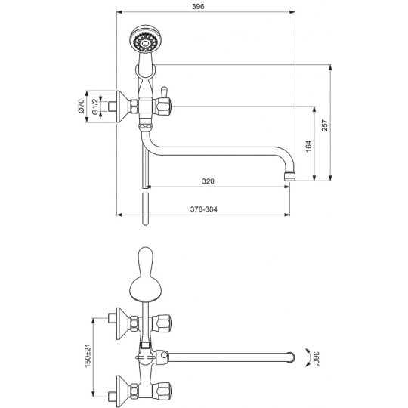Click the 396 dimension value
coord(198,7)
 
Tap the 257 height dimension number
coord(325,125)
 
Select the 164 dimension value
coord(308,147)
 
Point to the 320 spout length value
coord(209,181)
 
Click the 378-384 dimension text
coord(203,209)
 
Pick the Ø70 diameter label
coord(81,107)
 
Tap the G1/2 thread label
coord(95,107)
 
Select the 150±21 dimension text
coord(88,355)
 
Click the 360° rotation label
coord(316,359)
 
